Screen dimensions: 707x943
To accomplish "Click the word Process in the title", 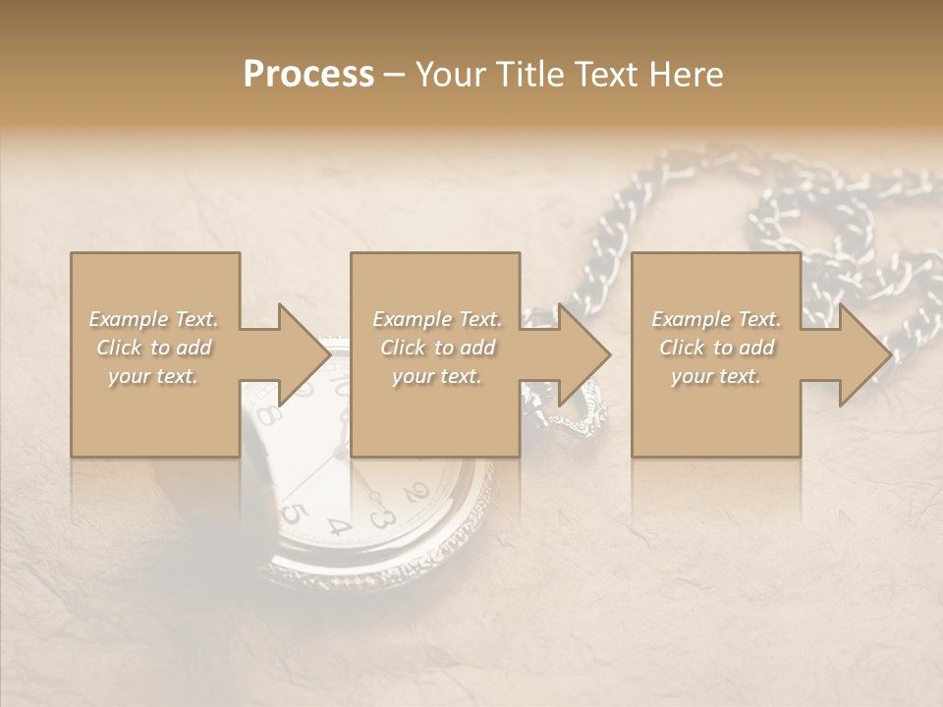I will tap(308, 75).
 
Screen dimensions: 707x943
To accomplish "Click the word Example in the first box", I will tap(129, 319).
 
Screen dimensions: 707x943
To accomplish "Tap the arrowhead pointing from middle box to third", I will tap(583, 354).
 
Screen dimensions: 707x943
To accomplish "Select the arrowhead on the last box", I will tap(864, 354).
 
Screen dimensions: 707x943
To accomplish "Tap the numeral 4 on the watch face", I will tap(339, 527).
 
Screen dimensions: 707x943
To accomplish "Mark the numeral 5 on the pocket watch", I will tap(292, 514).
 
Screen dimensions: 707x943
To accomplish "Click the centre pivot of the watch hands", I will tap(341, 453).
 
